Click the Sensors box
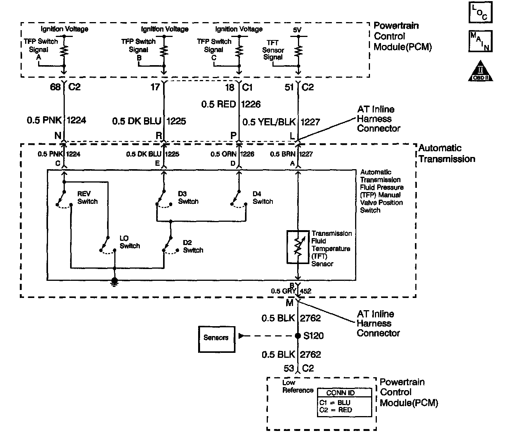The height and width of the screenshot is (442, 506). coord(216,338)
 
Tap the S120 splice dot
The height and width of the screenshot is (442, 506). coord(298,336)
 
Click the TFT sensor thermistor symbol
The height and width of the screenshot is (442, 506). coord(298,247)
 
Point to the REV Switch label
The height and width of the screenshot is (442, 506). coord(87,197)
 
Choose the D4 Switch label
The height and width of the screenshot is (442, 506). coord(263,197)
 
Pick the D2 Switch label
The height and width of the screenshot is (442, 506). coord(193,246)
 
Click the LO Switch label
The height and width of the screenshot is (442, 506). coord(130,242)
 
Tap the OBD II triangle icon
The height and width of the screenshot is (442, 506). coord(480,71)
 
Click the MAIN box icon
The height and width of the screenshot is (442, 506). coord(480,41)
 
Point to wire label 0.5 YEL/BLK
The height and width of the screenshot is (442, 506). coord(269,122)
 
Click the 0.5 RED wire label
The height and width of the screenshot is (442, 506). coord(218,104)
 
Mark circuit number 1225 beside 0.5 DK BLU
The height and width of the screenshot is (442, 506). coord(176,121)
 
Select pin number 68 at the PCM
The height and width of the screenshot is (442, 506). coord(56,87)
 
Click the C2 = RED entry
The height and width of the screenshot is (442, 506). coord(335,410)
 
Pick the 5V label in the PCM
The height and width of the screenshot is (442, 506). coord(298,29)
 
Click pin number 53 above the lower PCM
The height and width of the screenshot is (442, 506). coord(289,368)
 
